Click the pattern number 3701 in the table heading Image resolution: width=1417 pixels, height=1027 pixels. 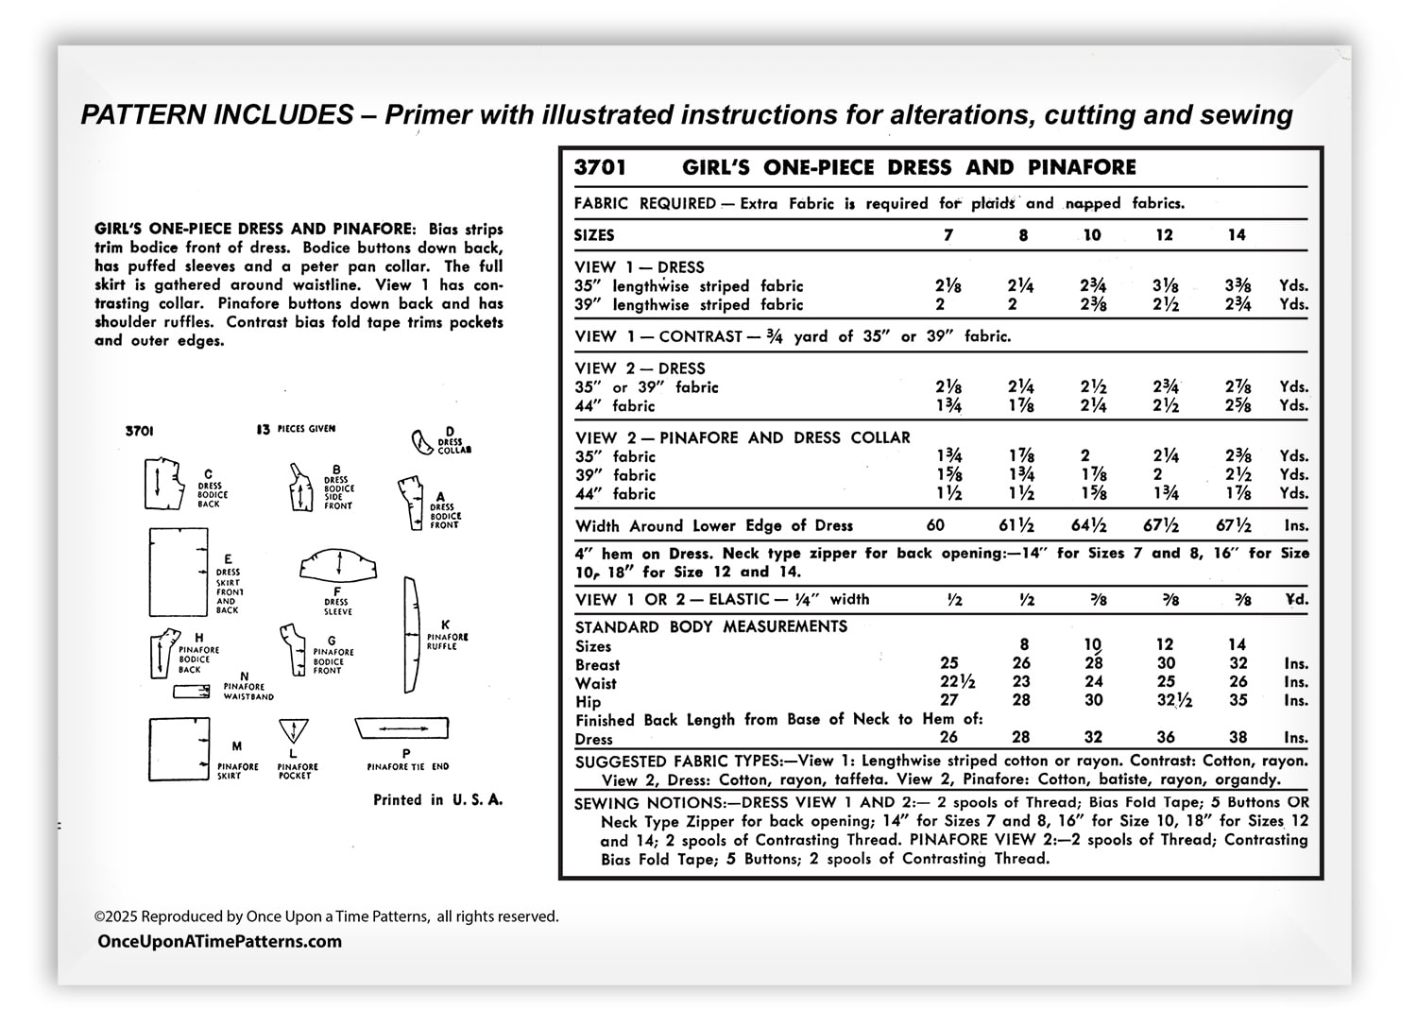click(600, 168)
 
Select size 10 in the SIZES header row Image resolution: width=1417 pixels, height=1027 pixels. click(1092, 235)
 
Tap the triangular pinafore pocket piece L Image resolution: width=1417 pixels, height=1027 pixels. click(294, 730)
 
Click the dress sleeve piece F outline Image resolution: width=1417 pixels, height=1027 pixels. click(338, 564)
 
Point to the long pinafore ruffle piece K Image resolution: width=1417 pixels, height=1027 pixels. click(410, 634)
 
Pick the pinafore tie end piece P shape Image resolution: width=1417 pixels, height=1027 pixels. click(401, 729)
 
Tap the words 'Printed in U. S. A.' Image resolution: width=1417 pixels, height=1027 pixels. click(437, 800)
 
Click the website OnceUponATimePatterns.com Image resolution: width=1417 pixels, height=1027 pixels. click(220, 941)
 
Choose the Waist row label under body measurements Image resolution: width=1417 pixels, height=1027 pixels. click(595, 683)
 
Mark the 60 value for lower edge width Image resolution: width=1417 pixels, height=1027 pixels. click(935, 526)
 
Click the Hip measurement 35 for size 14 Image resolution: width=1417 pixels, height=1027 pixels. click(1238, 700)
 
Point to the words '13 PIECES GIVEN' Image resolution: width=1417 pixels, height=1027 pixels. click(296, 429)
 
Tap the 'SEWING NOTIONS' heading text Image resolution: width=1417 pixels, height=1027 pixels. click(643, 803)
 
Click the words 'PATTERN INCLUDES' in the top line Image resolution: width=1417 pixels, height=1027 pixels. click(217, 115)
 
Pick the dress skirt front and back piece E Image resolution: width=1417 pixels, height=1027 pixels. click(178, 573)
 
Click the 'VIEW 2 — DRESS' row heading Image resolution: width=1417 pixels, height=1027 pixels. click(640, 368)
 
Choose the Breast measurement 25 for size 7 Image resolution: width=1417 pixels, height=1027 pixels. click(948, 663)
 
